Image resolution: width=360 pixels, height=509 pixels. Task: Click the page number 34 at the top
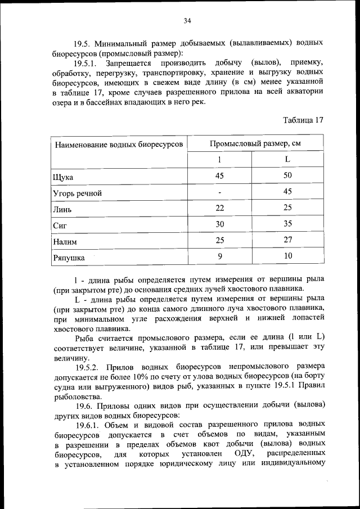187,21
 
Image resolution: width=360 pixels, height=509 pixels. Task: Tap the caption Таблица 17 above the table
303,120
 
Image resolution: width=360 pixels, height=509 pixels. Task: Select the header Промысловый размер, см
255,143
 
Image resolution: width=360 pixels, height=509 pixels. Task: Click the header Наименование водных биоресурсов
118,144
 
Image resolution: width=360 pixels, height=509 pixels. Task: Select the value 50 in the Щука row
287,176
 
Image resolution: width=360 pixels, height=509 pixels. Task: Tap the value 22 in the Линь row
219,209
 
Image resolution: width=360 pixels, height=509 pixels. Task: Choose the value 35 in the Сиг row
287,224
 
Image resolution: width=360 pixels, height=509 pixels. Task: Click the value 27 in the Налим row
287,241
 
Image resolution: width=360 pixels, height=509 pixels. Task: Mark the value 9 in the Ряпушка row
219,256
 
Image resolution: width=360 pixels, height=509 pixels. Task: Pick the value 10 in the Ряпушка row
287,256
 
